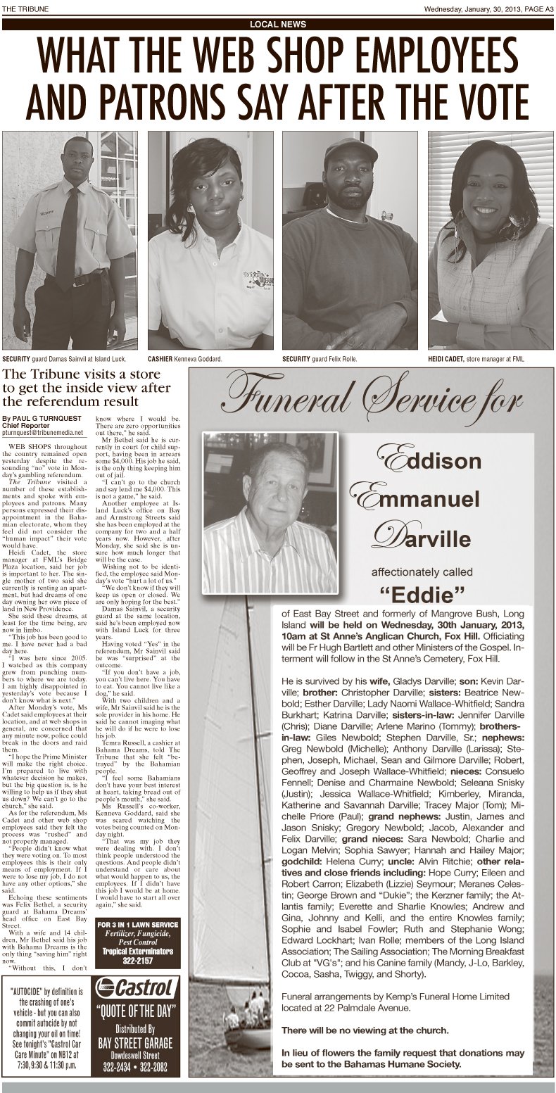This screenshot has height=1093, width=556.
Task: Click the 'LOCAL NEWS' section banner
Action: coord(278,24)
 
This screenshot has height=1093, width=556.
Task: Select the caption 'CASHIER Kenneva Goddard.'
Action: coord(184,359)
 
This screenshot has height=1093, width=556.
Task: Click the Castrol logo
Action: coord(137,988)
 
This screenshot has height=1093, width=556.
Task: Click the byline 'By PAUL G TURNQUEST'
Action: coord(42,417)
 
